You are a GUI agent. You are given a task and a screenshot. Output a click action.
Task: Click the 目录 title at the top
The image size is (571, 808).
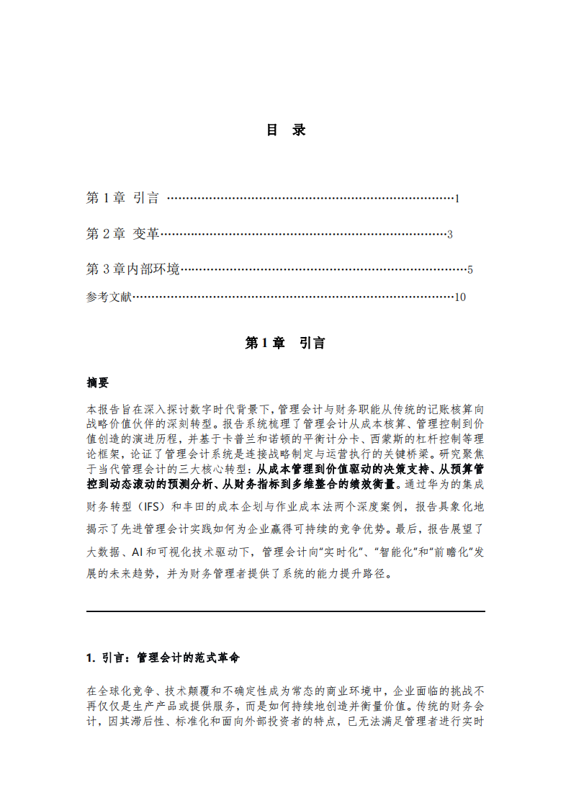coord(286,130)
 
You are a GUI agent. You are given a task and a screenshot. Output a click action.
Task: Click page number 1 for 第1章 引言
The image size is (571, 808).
coord(457,198)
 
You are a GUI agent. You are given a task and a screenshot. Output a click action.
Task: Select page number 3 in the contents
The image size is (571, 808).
coord(449,235)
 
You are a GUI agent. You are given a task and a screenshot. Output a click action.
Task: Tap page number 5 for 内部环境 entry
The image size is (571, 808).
coord(469,271)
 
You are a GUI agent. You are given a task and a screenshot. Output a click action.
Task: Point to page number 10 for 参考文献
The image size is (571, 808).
coord(460,297)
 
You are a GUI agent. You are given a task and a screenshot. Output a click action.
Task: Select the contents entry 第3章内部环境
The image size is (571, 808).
coord(132,270)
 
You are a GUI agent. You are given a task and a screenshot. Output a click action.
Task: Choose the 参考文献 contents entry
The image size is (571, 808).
coord(109,297)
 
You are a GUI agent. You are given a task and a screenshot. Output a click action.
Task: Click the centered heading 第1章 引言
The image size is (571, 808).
coord(285,344)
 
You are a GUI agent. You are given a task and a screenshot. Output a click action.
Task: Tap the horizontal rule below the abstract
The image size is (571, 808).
coord(285,611)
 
